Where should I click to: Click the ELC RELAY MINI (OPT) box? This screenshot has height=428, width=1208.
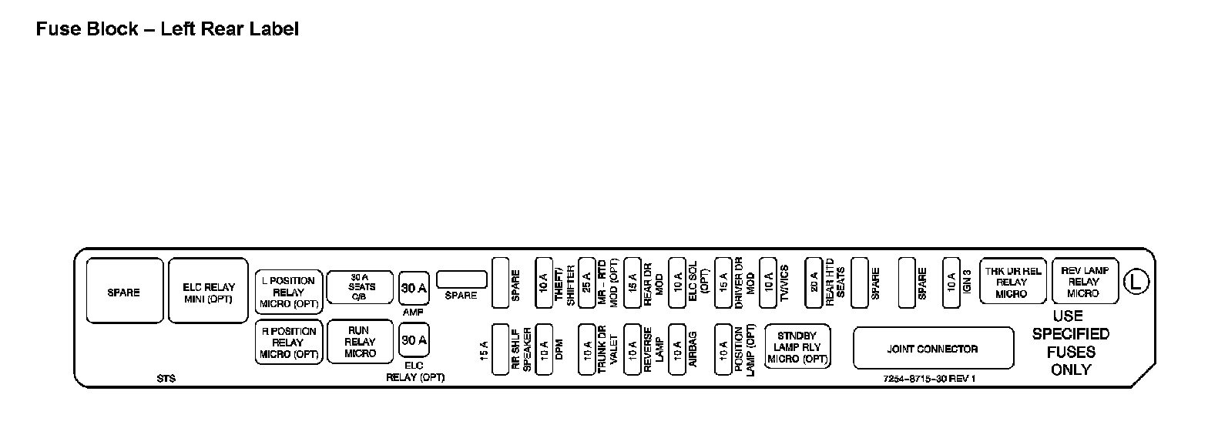point(208,290)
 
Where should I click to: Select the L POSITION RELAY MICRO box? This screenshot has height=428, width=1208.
point(288,292)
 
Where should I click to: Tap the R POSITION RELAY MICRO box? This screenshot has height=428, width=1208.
point(288,343)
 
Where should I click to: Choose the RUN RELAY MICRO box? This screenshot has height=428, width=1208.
point(360,342)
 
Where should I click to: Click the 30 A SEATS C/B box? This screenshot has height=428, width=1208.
point(360,287)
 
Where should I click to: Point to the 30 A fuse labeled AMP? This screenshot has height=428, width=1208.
point(414,289)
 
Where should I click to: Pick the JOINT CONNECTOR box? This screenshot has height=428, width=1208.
point(932,349)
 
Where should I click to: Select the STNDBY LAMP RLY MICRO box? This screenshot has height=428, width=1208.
point(797,348)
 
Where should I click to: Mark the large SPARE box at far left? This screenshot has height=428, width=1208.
point(124,290)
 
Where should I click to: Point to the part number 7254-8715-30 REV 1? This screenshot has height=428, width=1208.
point(929,379)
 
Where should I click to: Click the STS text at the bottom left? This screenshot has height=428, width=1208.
point(166,379)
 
